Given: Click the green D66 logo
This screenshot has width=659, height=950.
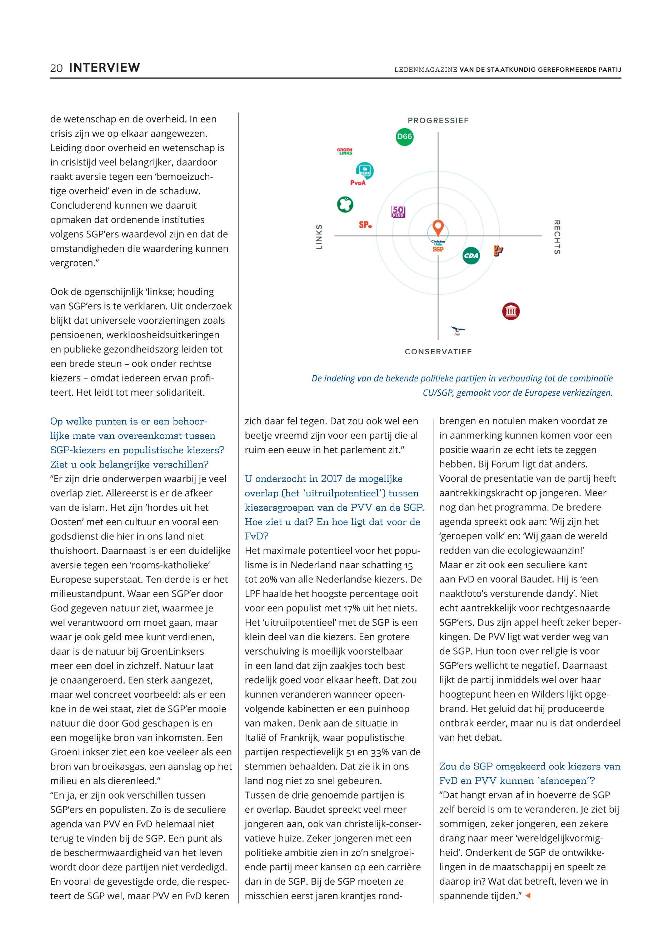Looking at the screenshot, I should (x=404, y=137).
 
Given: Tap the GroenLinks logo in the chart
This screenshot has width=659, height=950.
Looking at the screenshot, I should (x=345, y=151).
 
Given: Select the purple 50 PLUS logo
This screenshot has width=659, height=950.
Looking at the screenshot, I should (x=398, y=212).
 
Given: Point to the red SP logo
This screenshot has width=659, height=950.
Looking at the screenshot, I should (x=365, y=225).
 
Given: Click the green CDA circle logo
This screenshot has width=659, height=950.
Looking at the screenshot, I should (x=471, y=256).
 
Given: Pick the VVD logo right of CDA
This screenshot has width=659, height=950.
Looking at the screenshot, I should (x=498, y=250).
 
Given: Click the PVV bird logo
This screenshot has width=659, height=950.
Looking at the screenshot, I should (x=457, y=330).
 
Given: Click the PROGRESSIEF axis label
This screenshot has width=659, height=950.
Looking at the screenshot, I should (x=438, y=121).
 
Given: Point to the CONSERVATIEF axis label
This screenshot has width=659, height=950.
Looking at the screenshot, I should (x=438, y=352).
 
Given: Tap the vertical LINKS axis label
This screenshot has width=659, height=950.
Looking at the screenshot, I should (x=319, y=237).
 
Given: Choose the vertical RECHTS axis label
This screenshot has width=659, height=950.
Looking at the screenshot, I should (x=556, y=237).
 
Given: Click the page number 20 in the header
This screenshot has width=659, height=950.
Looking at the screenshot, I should (x=56, y=68).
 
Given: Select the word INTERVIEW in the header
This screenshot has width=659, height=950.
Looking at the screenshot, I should (x=104, y=68).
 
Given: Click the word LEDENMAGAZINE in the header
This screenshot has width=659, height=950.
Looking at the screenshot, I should (x=425, y=70).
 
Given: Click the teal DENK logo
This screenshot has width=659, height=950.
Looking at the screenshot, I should (x=365, y=170).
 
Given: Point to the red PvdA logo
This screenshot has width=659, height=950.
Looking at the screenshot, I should (x=358, y=183).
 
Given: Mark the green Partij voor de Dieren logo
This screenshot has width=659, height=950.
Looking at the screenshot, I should (x=345, y=204).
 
